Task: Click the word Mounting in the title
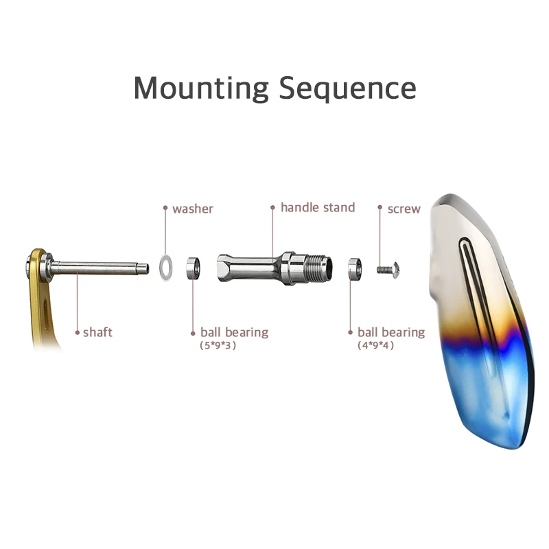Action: click(200, 89)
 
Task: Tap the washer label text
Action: click(193, 208)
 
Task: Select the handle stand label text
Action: click(318, 207)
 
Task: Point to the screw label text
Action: click(404, 208)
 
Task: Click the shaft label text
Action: click(97, 332)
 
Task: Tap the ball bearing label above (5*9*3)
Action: click(234, 332)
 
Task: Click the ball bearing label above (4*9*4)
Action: click(390, 332)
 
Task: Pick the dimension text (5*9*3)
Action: click(218, 346)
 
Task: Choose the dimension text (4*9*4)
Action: click(375, 346)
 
